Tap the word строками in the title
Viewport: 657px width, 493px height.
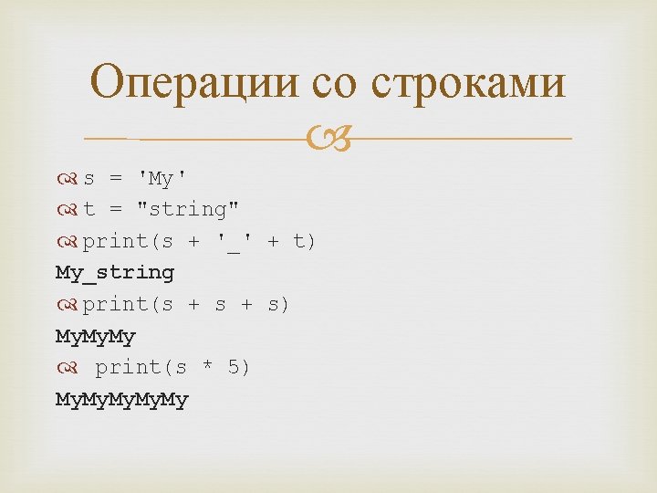point(468,83)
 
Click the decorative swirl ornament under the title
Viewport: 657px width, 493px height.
point(329,140)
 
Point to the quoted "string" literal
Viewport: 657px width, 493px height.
point(188,209)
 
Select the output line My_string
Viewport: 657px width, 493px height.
point(115,272)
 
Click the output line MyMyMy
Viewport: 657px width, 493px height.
point(96,336)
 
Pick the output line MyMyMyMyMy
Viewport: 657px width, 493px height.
point(122,399)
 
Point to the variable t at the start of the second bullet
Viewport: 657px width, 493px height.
point(89,209)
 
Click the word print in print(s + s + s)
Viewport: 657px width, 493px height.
point(115,304)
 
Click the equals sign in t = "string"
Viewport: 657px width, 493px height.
point(115,209)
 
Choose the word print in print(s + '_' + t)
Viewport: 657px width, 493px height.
point(115,241)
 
